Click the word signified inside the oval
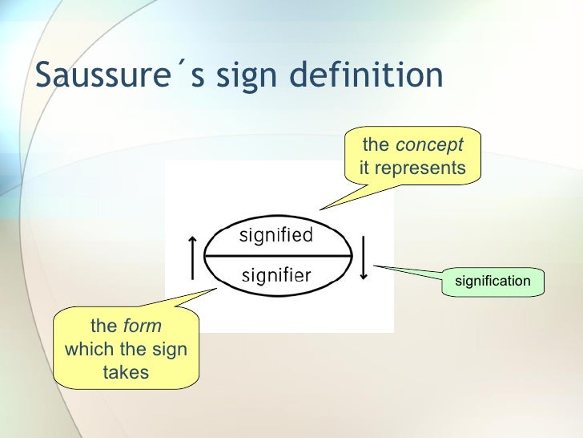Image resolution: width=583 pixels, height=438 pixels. click(276, 235)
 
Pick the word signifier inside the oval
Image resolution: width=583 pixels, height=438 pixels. click(276, 276)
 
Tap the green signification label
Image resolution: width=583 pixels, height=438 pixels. click(493, 281)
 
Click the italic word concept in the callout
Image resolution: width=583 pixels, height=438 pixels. click(428, 145)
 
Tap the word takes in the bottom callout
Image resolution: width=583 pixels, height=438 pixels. click(126, 372)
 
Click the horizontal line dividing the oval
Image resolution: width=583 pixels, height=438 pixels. click(278, 256)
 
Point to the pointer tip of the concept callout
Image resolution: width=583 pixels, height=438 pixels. click(320, 210)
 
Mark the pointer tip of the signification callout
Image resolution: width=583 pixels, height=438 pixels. click(374, 266)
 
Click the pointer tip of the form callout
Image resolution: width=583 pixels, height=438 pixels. click(216, 290)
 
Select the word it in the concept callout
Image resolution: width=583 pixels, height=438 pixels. click(364, 168)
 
